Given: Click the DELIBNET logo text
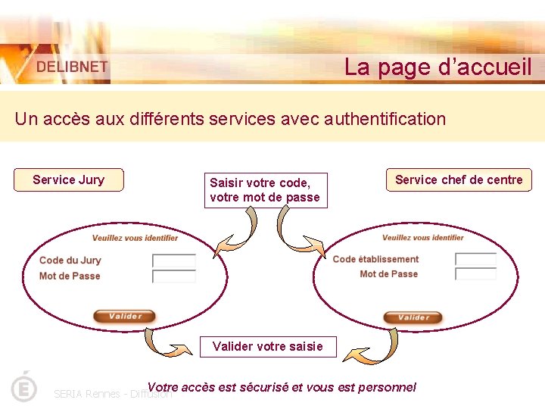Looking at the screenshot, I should (73, 67).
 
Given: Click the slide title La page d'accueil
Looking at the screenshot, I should (438, 67).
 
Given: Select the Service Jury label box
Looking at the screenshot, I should (68, 180).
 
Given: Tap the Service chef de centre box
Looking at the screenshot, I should (459, 180).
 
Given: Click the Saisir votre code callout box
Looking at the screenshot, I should (265, 190).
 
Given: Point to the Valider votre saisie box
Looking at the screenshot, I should (268, 346).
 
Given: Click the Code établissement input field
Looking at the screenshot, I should (476, 259).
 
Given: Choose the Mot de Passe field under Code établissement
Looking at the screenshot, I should (476, 273).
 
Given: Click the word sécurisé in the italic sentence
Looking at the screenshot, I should (263, 387).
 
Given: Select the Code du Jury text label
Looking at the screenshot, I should (70, 261).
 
